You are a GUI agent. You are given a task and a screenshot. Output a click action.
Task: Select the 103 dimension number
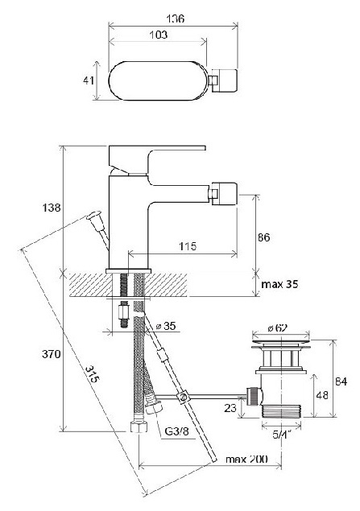[158, 35]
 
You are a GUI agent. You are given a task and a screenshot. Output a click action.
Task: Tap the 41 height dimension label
[89, 80]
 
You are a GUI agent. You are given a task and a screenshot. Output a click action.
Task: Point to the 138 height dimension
[52, 208]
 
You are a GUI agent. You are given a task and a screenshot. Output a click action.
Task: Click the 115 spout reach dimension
[188, 246]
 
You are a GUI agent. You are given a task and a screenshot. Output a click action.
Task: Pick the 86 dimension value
[263, 237]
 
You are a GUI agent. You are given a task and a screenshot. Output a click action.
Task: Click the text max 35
[279, 284]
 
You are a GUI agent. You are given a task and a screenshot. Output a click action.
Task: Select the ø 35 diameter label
[165, 326]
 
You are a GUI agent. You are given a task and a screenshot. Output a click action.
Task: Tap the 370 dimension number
[52, 354]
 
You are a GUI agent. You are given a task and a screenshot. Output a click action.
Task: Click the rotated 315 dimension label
[93, 374]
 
